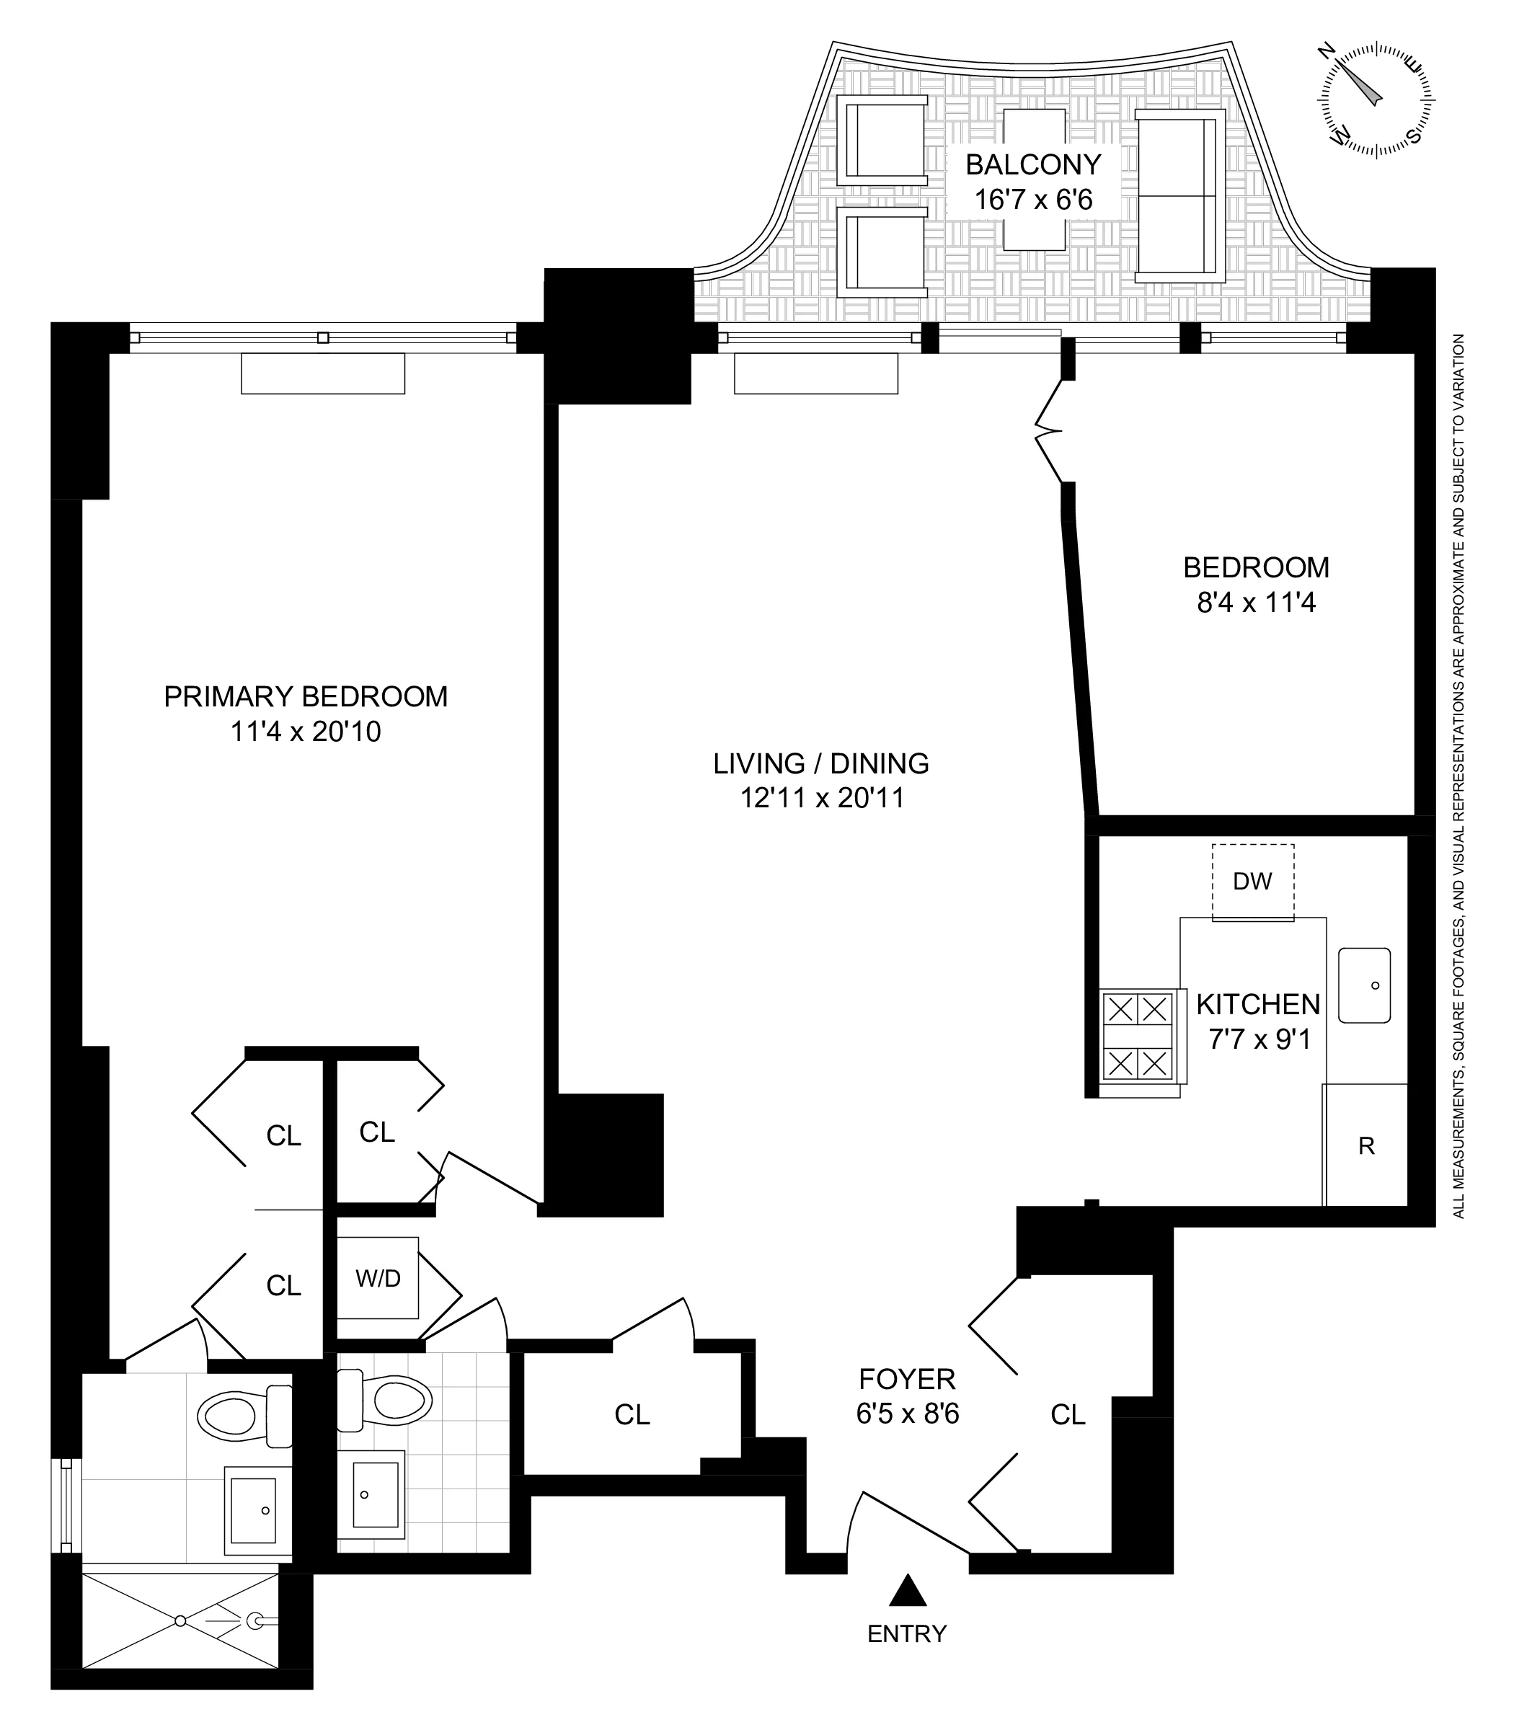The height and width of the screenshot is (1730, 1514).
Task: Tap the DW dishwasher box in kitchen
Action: (1252, 882)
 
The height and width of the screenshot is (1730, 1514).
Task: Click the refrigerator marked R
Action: (1365, 1145)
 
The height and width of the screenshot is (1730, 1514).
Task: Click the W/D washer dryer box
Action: (378, 1278)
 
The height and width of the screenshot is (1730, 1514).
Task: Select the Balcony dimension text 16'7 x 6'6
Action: (1033, 200)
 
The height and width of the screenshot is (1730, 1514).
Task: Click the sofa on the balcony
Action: (1179, 195)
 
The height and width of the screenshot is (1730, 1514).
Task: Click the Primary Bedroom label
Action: (305, 697)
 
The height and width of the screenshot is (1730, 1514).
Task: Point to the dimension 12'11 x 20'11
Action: (821, 798)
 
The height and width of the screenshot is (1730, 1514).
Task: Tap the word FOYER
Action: (906, 1380)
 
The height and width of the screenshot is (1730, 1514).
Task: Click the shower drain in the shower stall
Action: (180, 1621)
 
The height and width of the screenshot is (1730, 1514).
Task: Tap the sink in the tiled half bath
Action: (375, 1494)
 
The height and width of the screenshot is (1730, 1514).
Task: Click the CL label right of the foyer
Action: (1067, 1415)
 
